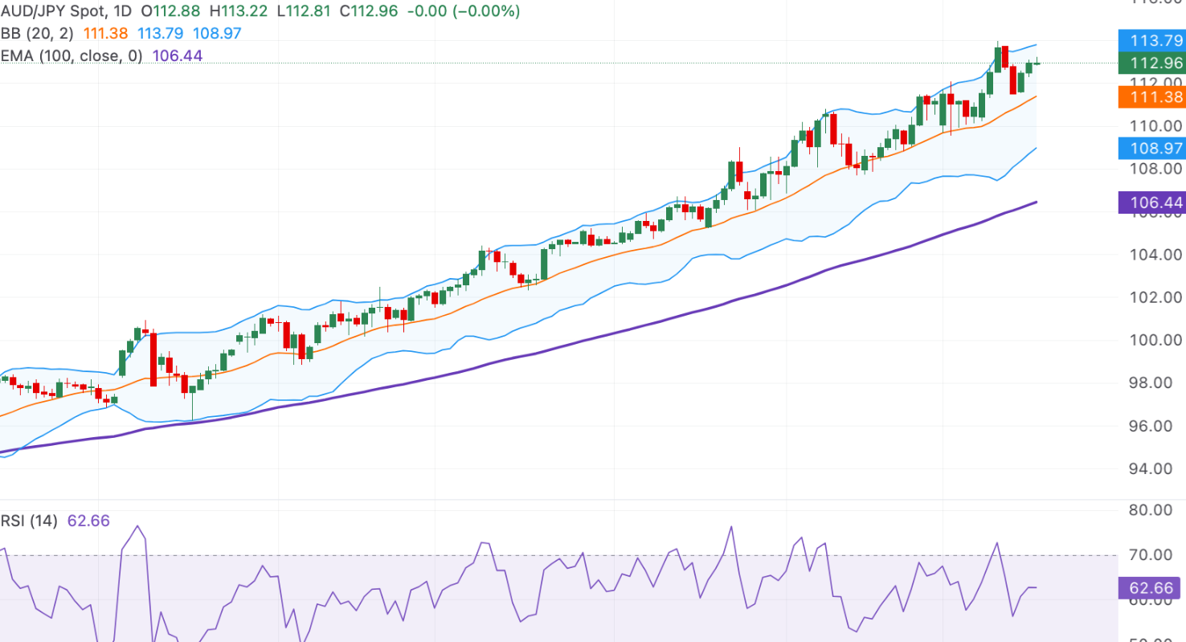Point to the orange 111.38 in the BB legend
[108, 34]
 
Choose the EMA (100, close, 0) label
[72, 55]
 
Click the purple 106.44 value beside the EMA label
[178, 55]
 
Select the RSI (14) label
[29, 521]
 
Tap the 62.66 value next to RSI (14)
[88, 521]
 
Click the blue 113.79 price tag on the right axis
[1151, 41]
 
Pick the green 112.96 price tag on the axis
[1151, 63]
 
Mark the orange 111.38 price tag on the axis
[1151, 97]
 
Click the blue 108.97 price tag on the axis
[1151, 148]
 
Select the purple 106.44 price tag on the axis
[1151, 202]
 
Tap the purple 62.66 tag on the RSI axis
[1151, 588]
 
